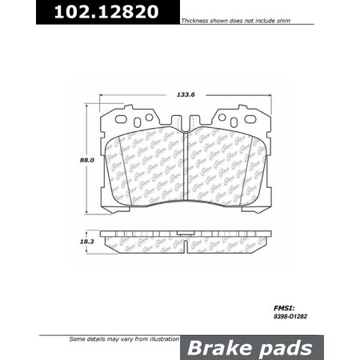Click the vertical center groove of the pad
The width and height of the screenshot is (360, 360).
coord(186,164)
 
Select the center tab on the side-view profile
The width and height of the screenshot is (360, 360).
coord(185,237)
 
